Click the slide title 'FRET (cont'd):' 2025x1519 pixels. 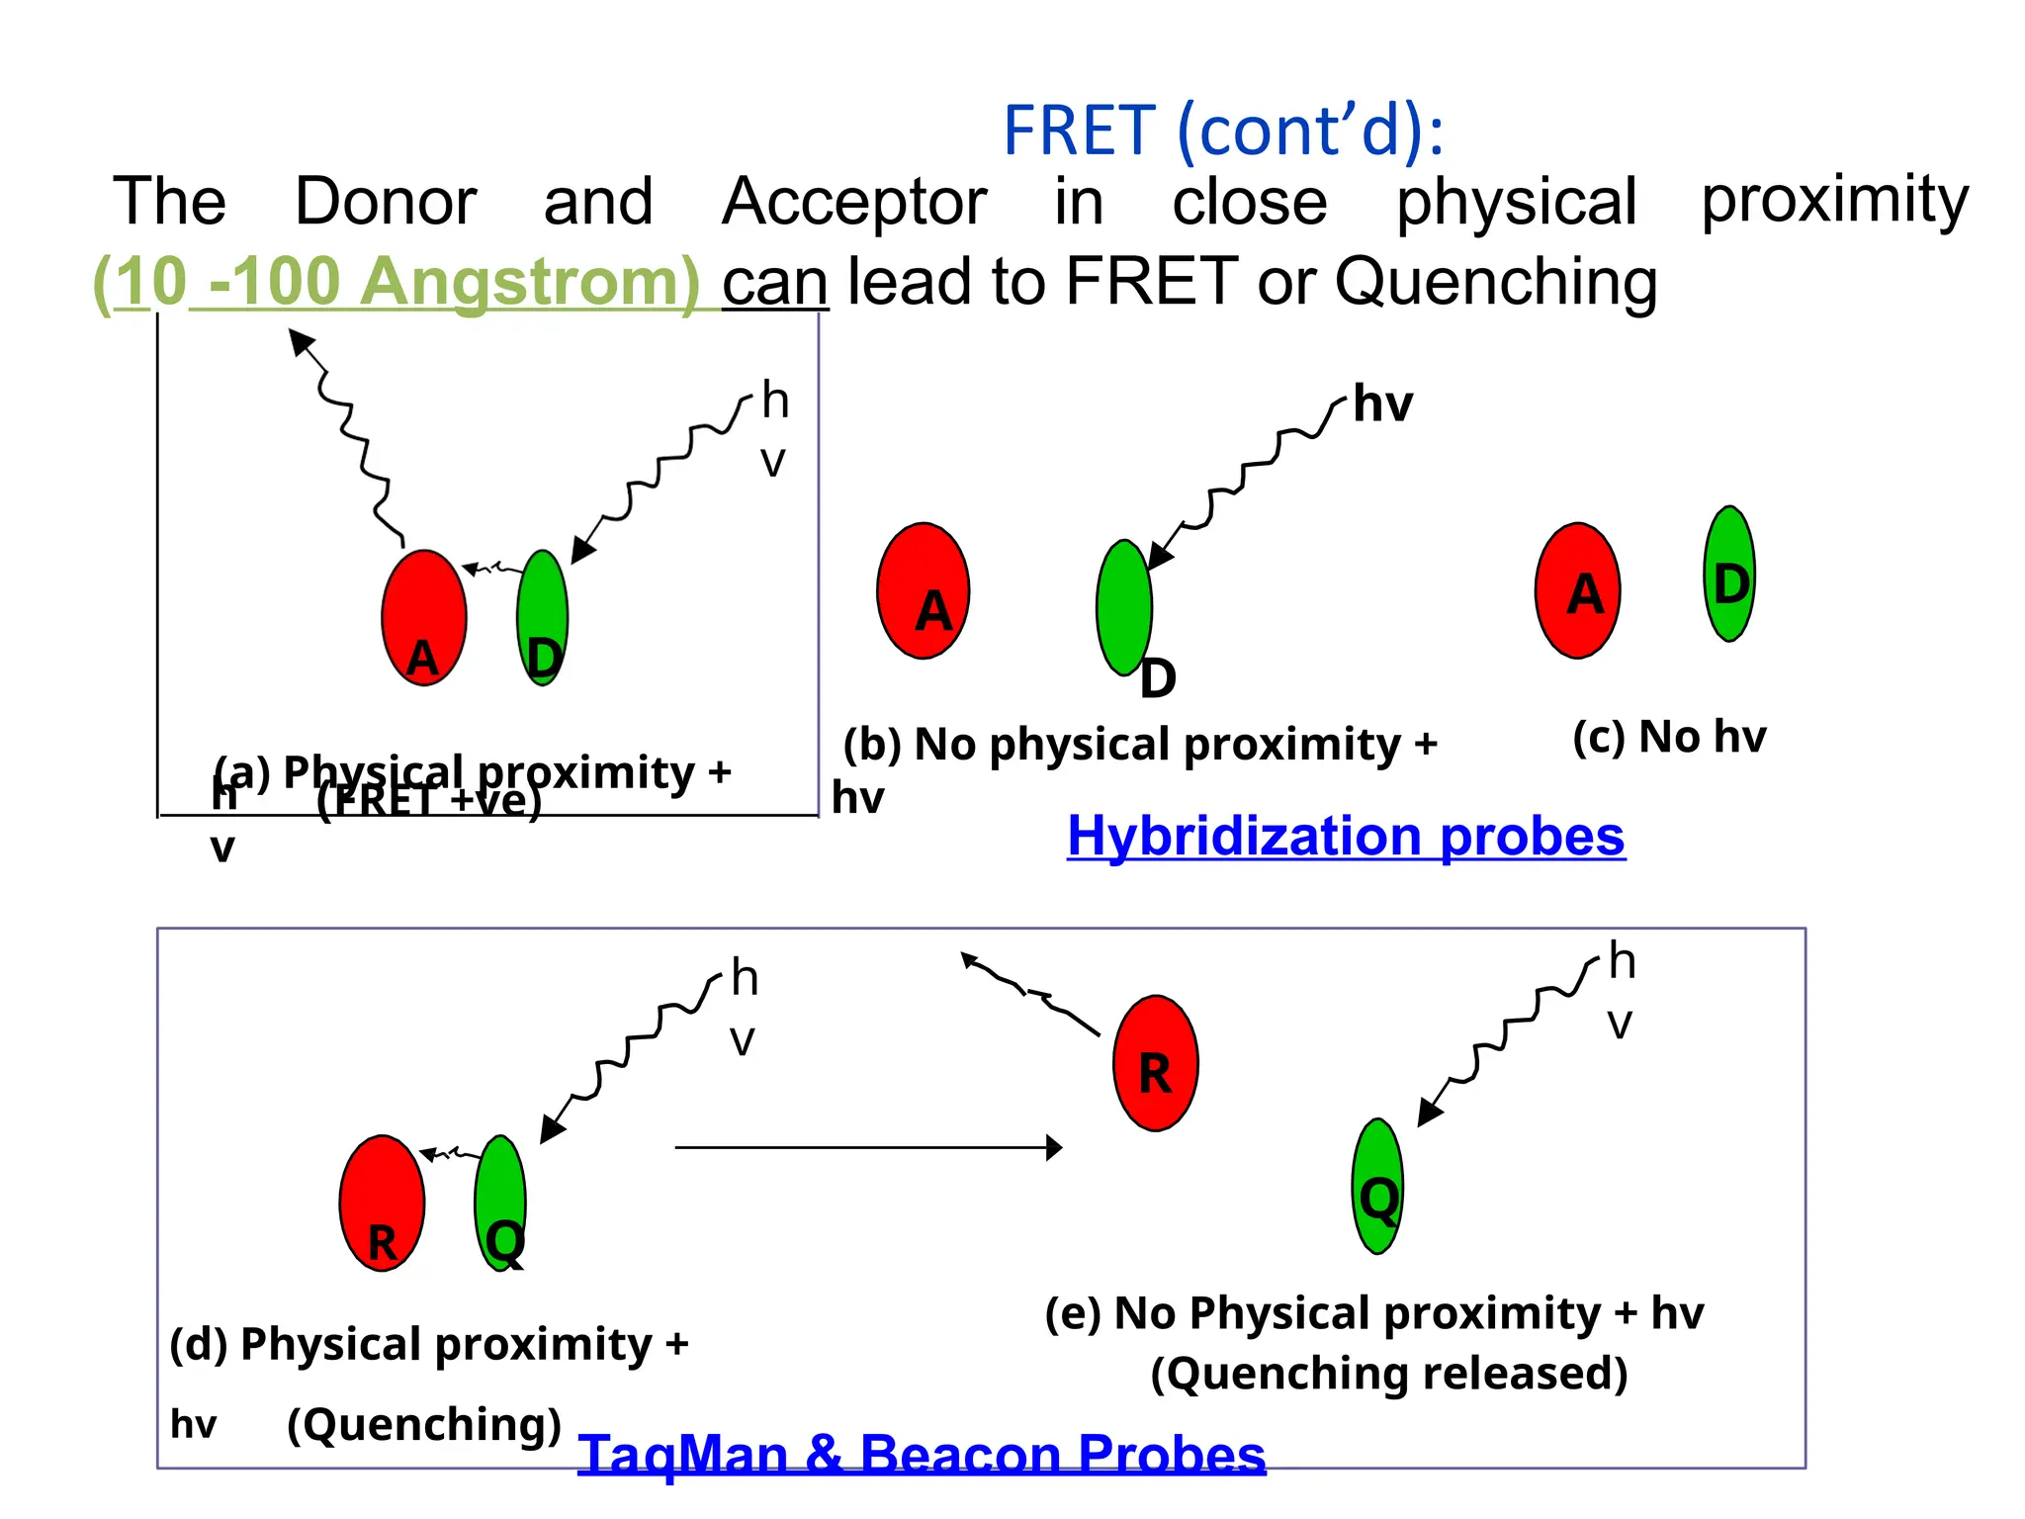click(x=1223, y=131)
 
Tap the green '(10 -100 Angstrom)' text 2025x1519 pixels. click(x=396, y=282)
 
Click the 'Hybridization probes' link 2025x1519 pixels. click(x=1346, y=837)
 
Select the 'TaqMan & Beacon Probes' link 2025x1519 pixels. click(x=922, y=1455)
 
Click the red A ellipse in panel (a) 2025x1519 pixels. click(x=424, y=618)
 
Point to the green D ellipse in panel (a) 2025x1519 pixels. click(x=543, y=617)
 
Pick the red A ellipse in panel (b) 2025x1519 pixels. click(x=924, y=590)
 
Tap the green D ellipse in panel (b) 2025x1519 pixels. click(x=1124, y=607)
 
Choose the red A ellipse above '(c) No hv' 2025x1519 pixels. click(x=1578, y=590)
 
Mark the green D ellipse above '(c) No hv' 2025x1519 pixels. click(x=1729, y=574)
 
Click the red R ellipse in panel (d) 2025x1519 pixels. click(x=382, y=1203)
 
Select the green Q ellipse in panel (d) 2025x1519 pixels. click(x=500, y=1203)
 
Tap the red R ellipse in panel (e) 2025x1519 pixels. click(x=1156, y=1063)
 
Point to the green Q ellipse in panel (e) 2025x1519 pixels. click(x=1377, y=1187)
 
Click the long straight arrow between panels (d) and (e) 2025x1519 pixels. click(x=868, y=1147)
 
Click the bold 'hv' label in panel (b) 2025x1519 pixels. click(x=1382, y=403)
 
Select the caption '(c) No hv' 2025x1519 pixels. click(x=1669, y=737)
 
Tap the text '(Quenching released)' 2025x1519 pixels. click(x=1389, y=1374)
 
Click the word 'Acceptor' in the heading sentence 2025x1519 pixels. click(x=854, y=202)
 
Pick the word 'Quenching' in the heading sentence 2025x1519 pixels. click(x=1496, y=282)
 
